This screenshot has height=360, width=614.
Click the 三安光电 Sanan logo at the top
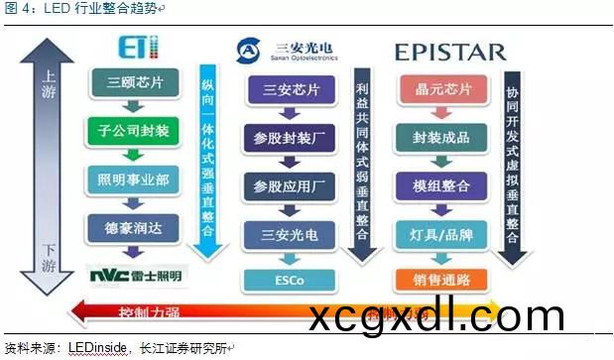click(289, 49)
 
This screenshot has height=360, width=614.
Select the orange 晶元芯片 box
click(440, 90)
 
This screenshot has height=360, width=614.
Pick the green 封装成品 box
click(440, 138)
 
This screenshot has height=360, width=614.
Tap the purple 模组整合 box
click(440, 185)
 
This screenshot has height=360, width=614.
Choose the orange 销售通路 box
click(440, 280)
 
